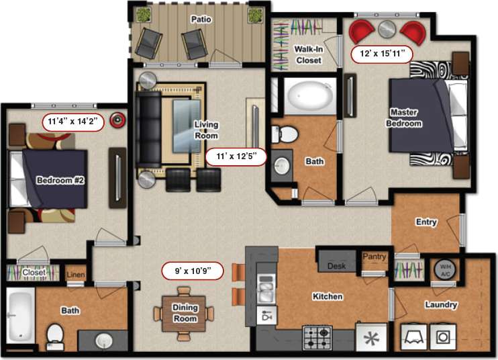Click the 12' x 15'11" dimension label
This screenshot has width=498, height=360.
pyautogui.click(x=381, y=54)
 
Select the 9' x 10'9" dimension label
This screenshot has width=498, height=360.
pyautogui.click(x=191, y=271)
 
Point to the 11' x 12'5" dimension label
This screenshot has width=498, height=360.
pyautogui.click(x=236, y=156)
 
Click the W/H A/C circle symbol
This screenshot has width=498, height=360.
pyautogui.click(x=444, y=269)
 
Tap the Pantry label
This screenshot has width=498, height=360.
pyautogui.click(x=374, y=257)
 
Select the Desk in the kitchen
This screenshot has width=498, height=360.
pyautogui.click(x=336, y=266)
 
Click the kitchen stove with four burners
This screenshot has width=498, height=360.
pyautogui.click(x=317, y=337)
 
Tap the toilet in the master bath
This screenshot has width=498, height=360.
pyautogui.click(x=287, y=134)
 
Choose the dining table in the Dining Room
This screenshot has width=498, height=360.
pyautogui.click(x=185, y=313)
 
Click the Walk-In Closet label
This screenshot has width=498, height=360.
pyautogui.click(x=308, y=54)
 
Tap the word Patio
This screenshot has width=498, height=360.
pyautogui.click(x=200, y=19)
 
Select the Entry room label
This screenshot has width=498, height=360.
pyautogui.click(x=426, y=222)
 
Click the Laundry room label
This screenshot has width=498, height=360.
pyautogui.click(x=441, y=305)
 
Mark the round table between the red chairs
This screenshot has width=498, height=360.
pyautogui.click(x=387, y=29)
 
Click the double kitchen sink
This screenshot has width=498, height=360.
pyautogui.click(x=266, y=290)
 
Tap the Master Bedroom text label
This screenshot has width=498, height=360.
pyautogui.click(x=403, y=118)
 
